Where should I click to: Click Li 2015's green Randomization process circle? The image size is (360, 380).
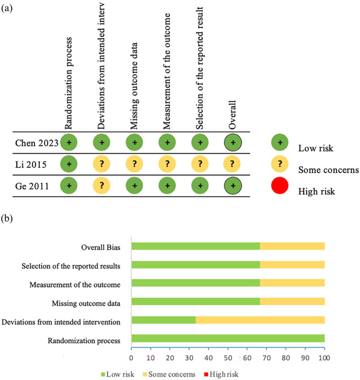(68, 164)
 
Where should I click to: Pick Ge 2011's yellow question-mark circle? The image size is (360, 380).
(102, 185)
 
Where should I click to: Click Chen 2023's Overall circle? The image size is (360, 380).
(234, 142)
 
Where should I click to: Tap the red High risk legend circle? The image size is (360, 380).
(280, 185)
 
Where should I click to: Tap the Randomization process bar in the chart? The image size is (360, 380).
(228, 338)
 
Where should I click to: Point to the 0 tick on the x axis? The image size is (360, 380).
(132, 356)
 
